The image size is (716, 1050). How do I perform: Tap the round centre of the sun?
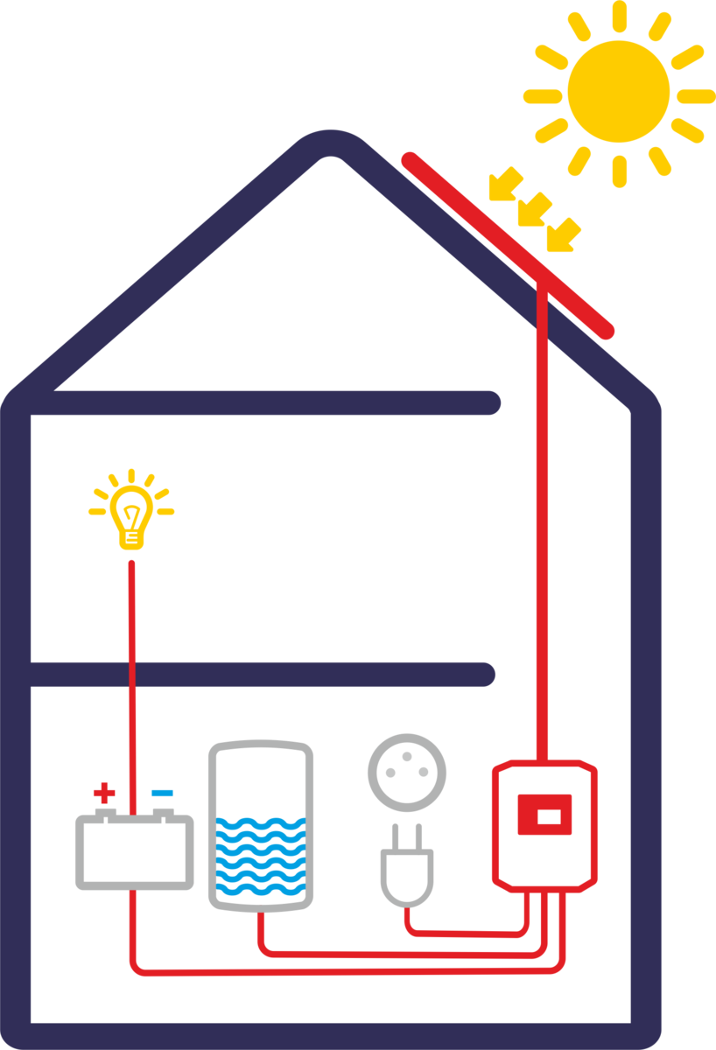(x=618, y=90)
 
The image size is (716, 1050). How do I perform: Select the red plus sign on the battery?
(x=104, y=794)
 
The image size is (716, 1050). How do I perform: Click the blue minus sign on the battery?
(x=162, y=794)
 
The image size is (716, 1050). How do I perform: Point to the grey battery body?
(x=134, y=853)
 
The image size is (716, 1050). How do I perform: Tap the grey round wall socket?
(x=407, y=773)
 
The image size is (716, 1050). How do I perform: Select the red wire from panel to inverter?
(x=543, y=525)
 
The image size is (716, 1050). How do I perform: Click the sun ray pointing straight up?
(x=619, y=16)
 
